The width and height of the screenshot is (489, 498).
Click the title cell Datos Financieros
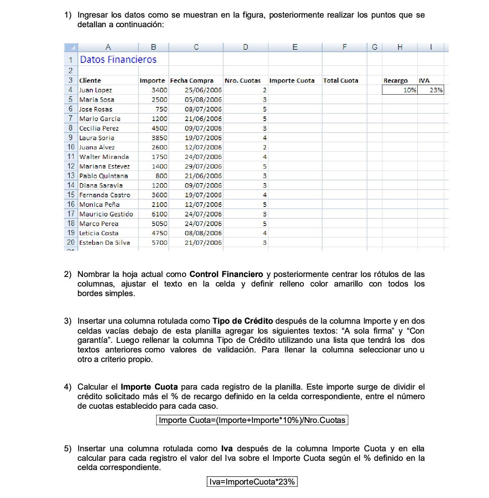(118, 60)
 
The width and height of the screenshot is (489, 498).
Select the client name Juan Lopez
(95, 90)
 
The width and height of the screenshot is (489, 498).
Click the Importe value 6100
(159, 214)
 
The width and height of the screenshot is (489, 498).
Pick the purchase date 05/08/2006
(203, 100)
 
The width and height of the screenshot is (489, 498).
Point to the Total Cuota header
(341, 80)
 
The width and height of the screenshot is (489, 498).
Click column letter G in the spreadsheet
(374, 47)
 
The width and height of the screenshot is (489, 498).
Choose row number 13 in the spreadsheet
(71, 176)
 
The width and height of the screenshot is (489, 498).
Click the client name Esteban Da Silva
(104, 242)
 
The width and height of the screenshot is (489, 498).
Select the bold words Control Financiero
(226, 274)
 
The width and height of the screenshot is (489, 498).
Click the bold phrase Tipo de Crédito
(243, 321)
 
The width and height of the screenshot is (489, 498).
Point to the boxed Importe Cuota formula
(252, 420)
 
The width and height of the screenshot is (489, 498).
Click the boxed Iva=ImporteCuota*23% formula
(252, 482)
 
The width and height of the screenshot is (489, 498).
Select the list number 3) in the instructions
(68, 321)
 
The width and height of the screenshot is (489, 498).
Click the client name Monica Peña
(99, 205)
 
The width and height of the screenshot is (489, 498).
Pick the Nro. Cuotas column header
(242, 80)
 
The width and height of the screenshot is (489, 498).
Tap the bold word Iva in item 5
(227, 449)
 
